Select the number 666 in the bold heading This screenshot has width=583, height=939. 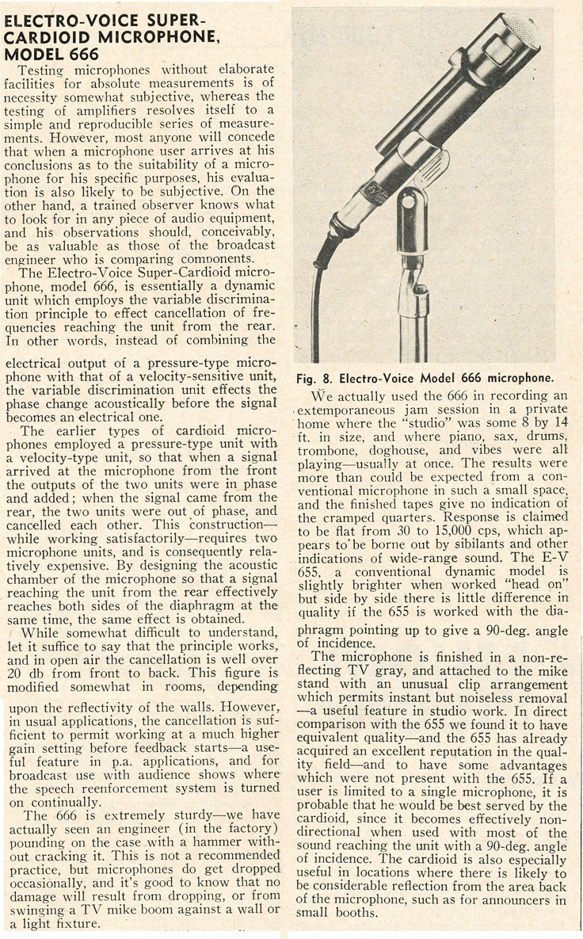[x=83, y=54]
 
